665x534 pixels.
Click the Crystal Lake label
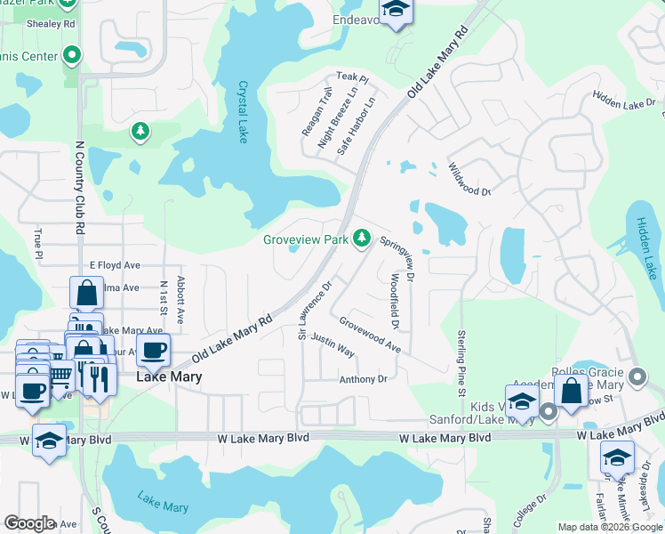(242, 112)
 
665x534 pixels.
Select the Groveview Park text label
(305, 239)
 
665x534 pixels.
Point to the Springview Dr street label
(397, 259)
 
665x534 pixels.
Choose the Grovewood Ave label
(370, 336)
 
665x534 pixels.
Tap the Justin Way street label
(333, 346)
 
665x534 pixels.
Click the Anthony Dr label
(364, 379)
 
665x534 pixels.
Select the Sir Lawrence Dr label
(315, 311)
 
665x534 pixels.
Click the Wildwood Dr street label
(469, 179)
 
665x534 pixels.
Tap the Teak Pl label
(352, 78)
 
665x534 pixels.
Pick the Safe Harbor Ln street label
(357, 126)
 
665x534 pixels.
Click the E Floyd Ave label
(116, 265)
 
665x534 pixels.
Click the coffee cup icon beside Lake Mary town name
(153, 350)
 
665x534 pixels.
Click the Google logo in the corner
(29, 523)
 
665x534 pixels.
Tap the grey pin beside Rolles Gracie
(637, 376)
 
